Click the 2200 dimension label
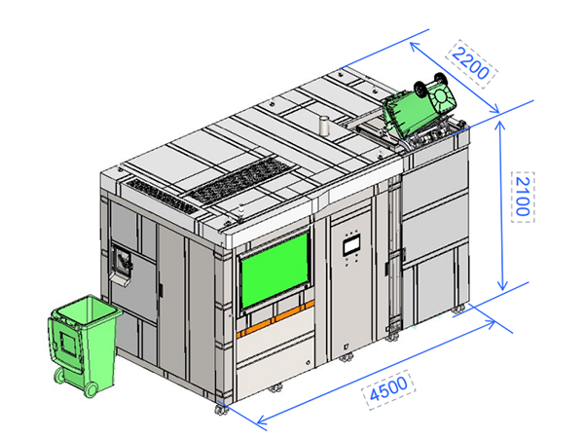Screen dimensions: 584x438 pyautogui.click(x=471, y=63)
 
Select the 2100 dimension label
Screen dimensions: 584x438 pyautogui.click(x=523, y=197)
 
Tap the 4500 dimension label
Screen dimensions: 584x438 pyautogui.click(x=388, y=389)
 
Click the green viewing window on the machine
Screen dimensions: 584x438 pyautogui.click(x=275, y=269)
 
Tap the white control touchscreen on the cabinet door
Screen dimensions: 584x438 pyautogui.click(x=350, y=246)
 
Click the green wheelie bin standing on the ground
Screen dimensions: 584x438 pyautogui.click(x=84, y=345)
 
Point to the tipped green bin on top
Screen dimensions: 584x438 pyautogui.click(x=419, y=105)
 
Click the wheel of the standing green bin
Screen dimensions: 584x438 pyautogui.click(x=91, y=390)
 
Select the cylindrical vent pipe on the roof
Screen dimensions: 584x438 pyautogui.click(x=324, y=126)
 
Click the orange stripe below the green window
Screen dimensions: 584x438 pyautogui.click(x=275, y=319)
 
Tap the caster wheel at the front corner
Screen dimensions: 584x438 pyautogui.click(x=221, y=410)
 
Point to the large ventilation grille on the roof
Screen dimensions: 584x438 pyautogui.click(x=240, y=179)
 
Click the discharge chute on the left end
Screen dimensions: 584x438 pyautogui.click(x=120, y=263)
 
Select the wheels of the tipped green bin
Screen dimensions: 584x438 pyautogui.click(x=431, y=83)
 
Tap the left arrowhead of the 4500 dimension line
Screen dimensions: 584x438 pyautogui.click(x=262, y=420)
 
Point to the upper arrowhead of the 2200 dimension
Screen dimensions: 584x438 pyautogui.click(x=415, y=47)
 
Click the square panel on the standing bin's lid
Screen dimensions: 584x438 pyautogui.click(x=68, y=343)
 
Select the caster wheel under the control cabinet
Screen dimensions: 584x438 pyautogui.click(x=346, y=358)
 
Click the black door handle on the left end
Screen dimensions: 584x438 pyautogui.click(x=161, y=290)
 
